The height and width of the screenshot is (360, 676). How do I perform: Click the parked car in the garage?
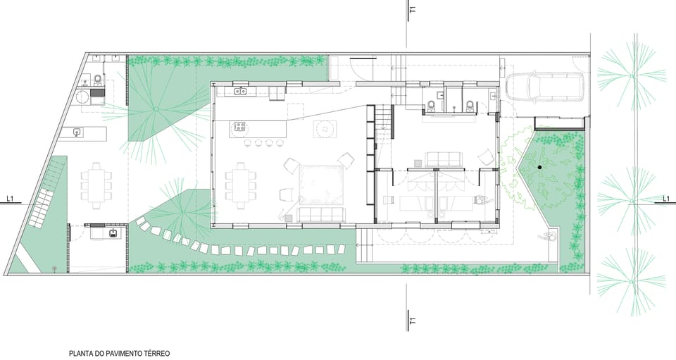click(545, 87)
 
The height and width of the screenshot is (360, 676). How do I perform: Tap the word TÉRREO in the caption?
click(157, 354)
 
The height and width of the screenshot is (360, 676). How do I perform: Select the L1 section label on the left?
click(10, 199)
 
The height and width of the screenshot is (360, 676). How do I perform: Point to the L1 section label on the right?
click(665, 199)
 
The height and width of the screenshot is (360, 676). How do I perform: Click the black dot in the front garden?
click(539, 167)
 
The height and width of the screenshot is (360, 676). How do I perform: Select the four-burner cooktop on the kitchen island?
click(239, 128)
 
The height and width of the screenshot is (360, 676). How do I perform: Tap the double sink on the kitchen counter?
click(240, 91)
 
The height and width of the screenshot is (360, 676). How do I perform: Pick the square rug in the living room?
click(322, 184)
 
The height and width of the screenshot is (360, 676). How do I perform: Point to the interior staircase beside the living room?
click(384, 122)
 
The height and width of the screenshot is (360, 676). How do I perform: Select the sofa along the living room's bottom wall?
click(321, 215)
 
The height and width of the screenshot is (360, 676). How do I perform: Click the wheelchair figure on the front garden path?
click(548, 236)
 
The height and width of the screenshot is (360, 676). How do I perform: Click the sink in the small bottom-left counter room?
click(113, 234)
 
